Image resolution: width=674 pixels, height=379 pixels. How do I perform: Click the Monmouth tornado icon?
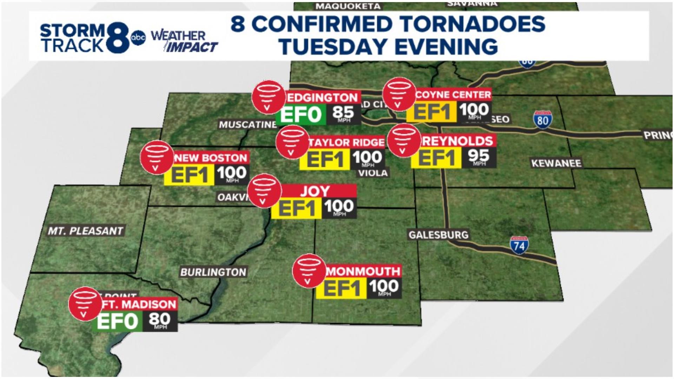(x=309, y=271)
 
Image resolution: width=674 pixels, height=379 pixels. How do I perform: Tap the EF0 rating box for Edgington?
(x=301, y=114)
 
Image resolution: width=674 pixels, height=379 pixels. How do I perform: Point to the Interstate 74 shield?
(x=519, y=245)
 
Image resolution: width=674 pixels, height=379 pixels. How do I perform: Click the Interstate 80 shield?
(x=542, y=120)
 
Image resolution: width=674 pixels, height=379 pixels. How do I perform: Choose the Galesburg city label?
(x=438, y=234)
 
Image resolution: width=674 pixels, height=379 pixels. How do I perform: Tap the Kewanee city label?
(x=556, y=163)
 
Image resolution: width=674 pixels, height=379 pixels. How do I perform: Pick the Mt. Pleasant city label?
(x=86, y=231)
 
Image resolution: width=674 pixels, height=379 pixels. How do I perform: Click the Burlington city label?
(x=213, y=272)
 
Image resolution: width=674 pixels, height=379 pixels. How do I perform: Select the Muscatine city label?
(x=247, y=125)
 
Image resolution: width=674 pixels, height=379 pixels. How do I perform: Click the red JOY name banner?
(x=315, y=191)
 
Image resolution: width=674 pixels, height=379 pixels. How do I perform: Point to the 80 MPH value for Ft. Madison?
(x=160, y=320)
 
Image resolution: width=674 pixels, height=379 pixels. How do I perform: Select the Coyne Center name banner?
(x=453, y=94)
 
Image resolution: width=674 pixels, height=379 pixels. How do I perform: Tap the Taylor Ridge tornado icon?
(x=292, y=142)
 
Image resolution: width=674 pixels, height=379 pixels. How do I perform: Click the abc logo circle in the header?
(x=138, y=38)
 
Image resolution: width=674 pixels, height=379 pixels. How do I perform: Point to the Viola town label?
(x=373, y=173)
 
